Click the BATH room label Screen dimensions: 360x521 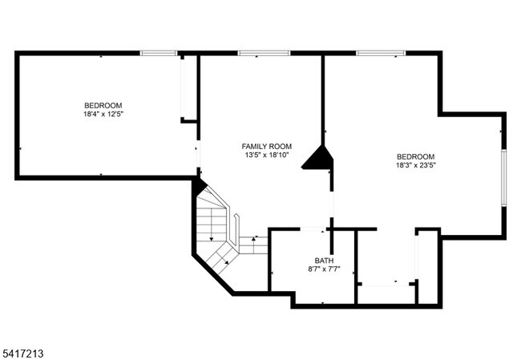[324, 261]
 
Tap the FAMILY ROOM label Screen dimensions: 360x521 [266, 146]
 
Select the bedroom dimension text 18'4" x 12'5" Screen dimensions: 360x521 [103, 115]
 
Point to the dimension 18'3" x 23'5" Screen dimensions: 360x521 [414, 166]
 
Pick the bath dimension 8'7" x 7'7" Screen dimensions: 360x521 [324, 269]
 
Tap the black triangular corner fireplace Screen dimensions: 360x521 [321, 158]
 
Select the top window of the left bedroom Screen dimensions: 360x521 [158, 54]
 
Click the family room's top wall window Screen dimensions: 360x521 [264, 54]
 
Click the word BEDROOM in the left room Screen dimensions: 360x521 [103, 106]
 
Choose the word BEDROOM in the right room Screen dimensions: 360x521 [414, 157]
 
